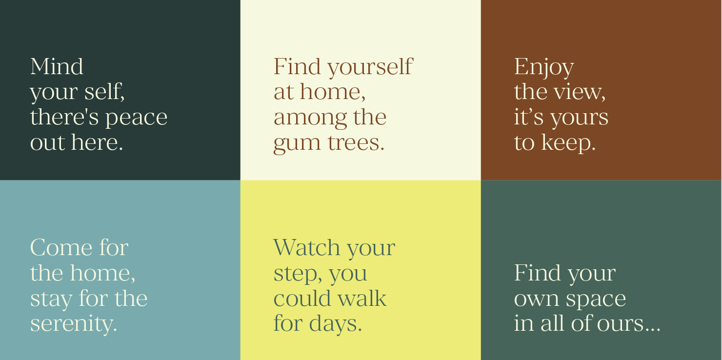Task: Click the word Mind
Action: [x=57, y=67]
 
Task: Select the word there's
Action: [x=64, y=117]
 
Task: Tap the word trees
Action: [x=356, y=142]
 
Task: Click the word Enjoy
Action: [x=544, y=68]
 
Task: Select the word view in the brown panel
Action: [x=580, y=93]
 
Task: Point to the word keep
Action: [x=568, y=143]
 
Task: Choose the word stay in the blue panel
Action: [x=51, y=300]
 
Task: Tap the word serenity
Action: [x=74, y=323]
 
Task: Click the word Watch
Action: [x=306, y=247]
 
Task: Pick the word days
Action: [x=335, y=324]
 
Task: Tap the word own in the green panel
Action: [x=537, y=300]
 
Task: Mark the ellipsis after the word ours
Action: [x=652, y=330]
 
